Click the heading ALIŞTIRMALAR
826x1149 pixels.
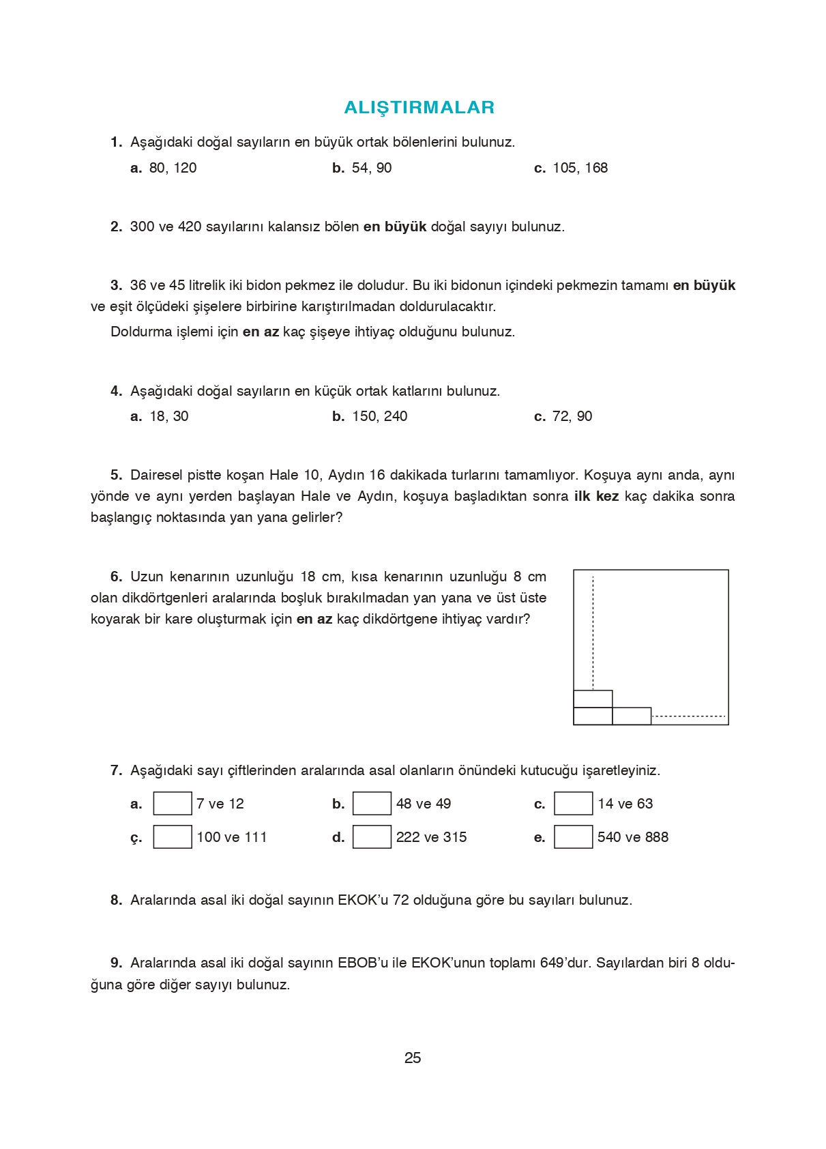(x=419, y=107)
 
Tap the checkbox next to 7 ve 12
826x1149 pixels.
(x=172, y=803)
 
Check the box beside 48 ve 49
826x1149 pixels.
(x=372, y=803)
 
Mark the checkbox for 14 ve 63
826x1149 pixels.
(x=573, y=803)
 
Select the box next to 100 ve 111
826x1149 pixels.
(x=172, y=837)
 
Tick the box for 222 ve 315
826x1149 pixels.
(x=372, y=837)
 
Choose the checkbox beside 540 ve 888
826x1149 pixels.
(x=573, y=837)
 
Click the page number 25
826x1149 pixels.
(x=413, y=1058)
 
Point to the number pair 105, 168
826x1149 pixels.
(x=580, y=168)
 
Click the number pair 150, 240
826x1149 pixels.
(x=379, y=416)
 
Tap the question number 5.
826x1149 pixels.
(x=116, y=475)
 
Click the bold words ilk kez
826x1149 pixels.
(x=596, y=496)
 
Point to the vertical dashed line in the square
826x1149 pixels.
(x=593, y=631)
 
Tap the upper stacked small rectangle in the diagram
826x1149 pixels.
(x=593, y=699)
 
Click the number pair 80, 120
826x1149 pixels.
(x=173, y=168)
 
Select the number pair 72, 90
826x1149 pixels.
(x=572, y=416)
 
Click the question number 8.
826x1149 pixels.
(x=116, y=900)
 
